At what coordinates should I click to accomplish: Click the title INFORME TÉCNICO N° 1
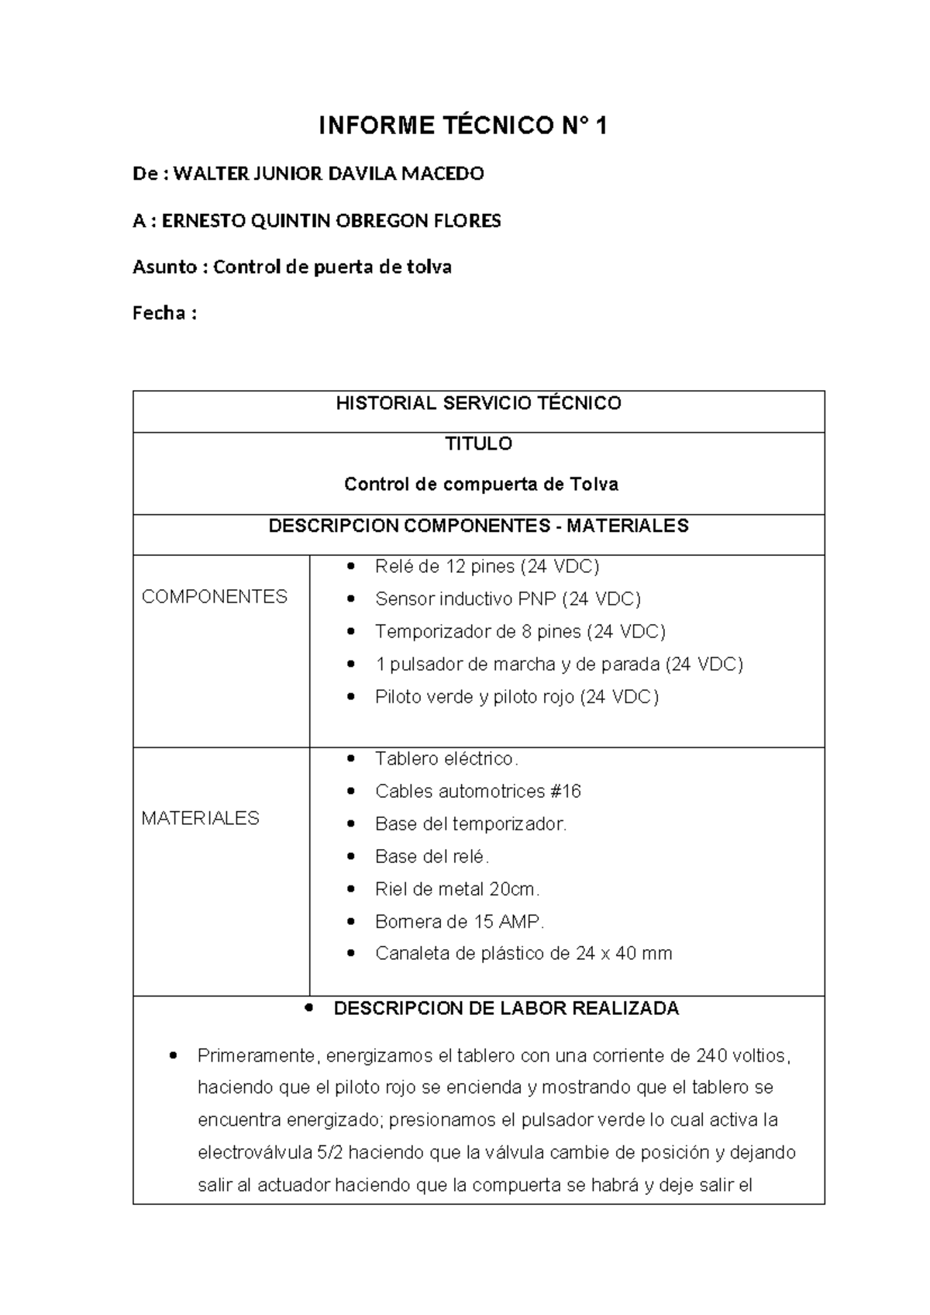[463, 126]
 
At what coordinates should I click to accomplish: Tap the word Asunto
[165, 267]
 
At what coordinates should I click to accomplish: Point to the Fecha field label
[160, 314]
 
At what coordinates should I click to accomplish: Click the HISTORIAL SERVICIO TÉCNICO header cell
[478, 403]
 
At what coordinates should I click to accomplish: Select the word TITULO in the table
[478, 444]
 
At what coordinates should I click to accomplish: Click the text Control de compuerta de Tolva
[480, 485]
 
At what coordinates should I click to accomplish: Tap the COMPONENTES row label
[214, 596]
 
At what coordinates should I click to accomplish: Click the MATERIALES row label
[200, 818]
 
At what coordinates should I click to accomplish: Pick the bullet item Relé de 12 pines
[487, 567]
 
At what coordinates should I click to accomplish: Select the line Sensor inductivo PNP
[508, 599]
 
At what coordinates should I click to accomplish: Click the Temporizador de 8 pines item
[520, 632]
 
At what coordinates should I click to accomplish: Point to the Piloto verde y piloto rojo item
[516, 697]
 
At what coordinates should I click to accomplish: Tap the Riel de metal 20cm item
[457, 889]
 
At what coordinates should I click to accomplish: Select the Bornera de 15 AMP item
[460, 922]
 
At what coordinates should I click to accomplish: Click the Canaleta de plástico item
[523, 954]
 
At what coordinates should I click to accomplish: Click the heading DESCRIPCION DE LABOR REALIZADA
[505, 1009]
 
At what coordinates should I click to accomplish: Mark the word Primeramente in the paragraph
[257, 1056]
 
